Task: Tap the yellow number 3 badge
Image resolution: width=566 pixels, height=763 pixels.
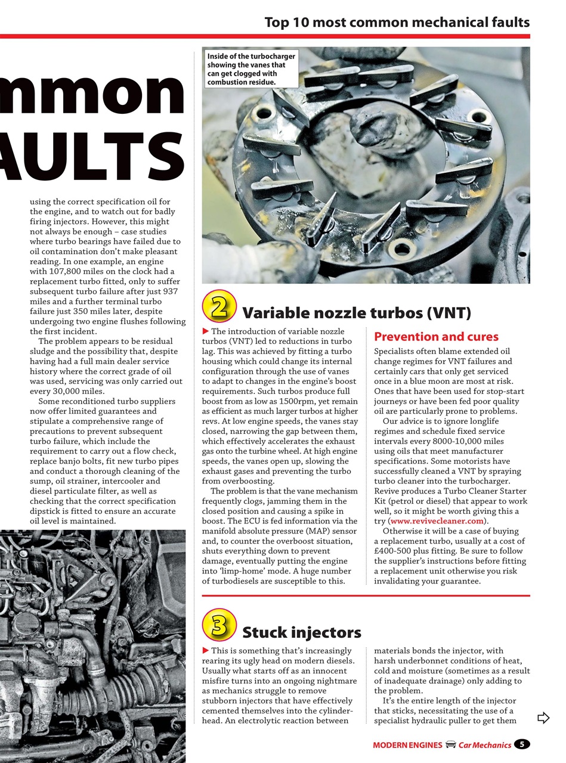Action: [219, 625]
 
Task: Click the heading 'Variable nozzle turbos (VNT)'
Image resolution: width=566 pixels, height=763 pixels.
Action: [356, 313]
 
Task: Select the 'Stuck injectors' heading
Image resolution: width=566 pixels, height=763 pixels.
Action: [301, 632]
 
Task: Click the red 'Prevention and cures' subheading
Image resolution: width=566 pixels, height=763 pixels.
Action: [436, 337]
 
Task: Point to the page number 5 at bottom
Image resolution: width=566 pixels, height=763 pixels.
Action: [522, 745]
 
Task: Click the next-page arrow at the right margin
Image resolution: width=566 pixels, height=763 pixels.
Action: [543, 718]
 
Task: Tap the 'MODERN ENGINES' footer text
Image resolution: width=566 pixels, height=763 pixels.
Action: [407, 745]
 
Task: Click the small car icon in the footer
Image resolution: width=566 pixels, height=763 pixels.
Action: [451, 745]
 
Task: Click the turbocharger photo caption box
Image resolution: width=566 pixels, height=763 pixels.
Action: [250, 69]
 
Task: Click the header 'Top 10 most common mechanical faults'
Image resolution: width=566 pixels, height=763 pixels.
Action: [397, 23]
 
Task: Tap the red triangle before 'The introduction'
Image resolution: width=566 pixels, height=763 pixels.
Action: [206, 331]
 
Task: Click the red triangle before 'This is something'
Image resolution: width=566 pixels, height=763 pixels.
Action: [206, 651]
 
